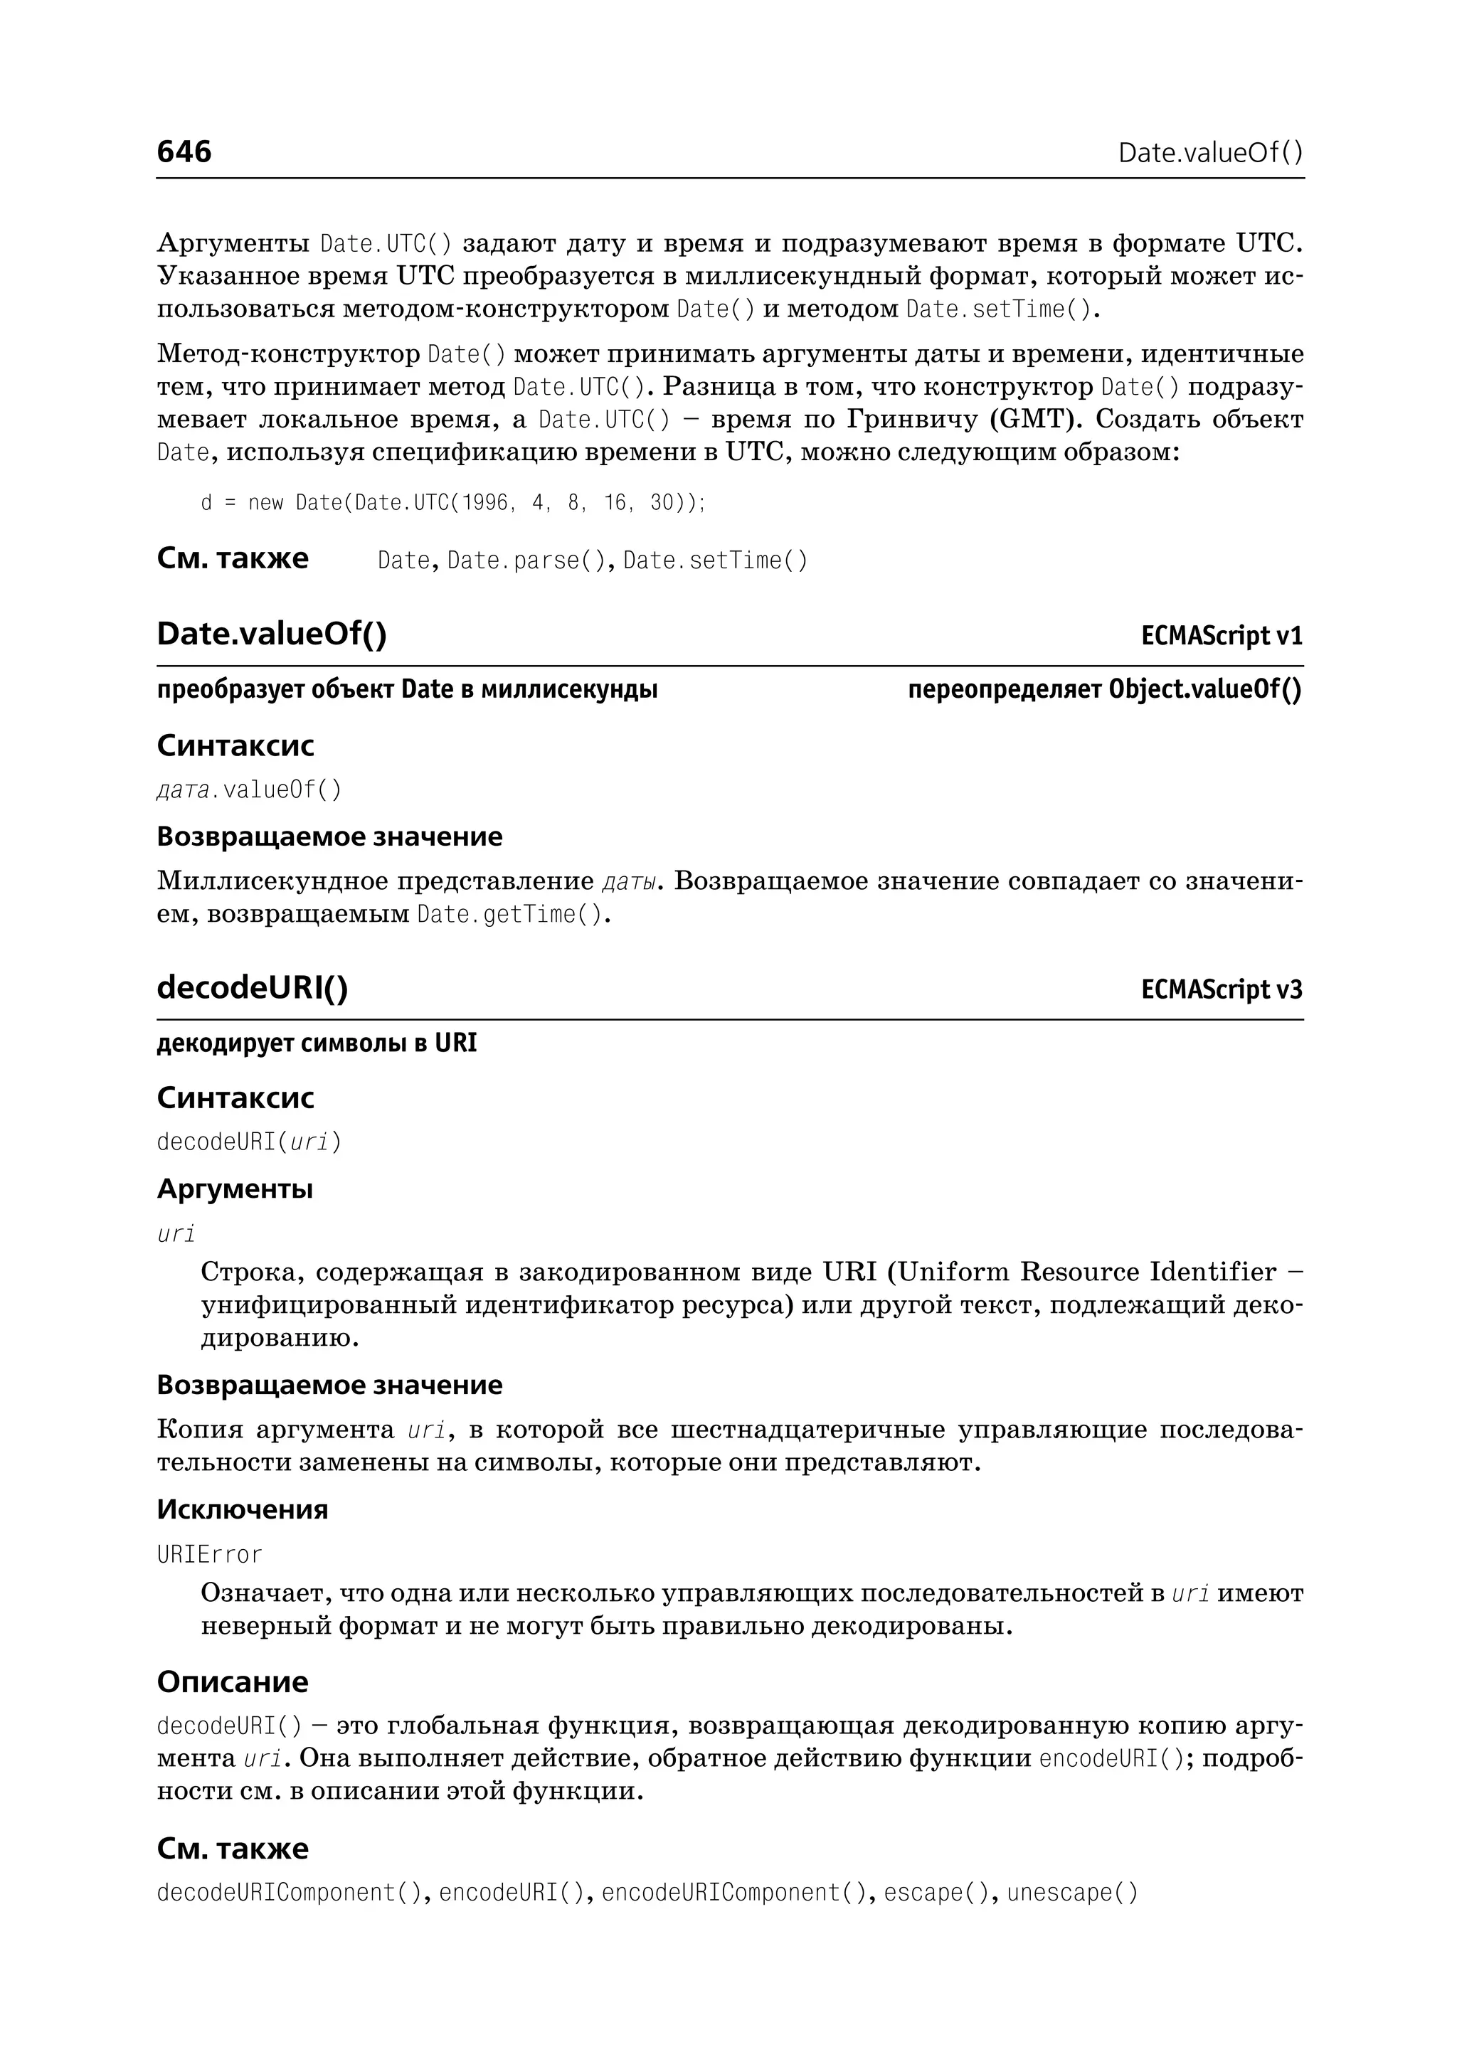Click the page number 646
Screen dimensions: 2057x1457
click(x=184, y=152)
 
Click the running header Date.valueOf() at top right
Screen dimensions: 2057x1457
click(x=1210, y=154)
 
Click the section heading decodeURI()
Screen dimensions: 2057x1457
click(x=252, y=988)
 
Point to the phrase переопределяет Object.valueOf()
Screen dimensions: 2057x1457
click(x=1104, y=690)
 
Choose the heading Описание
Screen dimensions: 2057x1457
click(x=233, y=1681)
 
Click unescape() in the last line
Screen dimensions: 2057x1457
click(x=1072, y=1893)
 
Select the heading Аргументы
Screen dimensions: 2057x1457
click(x=235, y=1189)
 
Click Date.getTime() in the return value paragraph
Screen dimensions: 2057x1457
click(x=509, y=916)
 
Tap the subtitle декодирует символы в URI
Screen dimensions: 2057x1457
click(x=317, y=1043)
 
